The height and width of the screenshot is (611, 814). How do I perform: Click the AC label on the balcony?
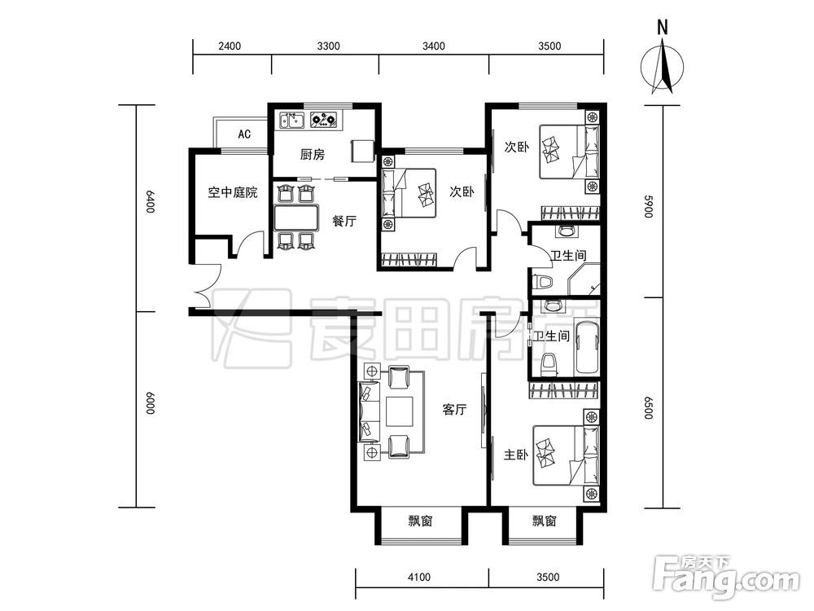pos(244,134)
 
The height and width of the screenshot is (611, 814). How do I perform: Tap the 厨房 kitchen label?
pos(312,154)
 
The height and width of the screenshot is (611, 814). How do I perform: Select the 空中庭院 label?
pos(233,193)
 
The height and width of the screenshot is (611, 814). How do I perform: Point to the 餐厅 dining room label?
pos(344,221)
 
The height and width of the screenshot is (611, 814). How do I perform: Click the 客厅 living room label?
pos(454,410)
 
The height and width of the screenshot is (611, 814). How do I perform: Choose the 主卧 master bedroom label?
pos(516,455)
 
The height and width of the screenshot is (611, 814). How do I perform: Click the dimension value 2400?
pos(230,46)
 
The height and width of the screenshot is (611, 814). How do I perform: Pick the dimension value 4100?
pos(419,578)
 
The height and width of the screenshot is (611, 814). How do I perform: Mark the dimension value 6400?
pos(150,201)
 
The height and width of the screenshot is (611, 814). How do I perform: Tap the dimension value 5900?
pos(648,206)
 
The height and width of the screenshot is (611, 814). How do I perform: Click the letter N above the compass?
pos(663,28)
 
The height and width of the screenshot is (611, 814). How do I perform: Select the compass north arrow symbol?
pos(663,68)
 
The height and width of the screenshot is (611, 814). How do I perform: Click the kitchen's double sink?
pos(291,121)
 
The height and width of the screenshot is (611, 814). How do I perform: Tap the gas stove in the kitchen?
pos(324,121)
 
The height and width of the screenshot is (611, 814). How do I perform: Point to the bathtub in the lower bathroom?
pos(587,348)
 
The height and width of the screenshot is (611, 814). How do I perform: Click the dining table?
pos(296,218)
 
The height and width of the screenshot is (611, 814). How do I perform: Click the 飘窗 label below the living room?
pos(421,521)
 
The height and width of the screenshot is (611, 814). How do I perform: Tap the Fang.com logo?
pos(726,578)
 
